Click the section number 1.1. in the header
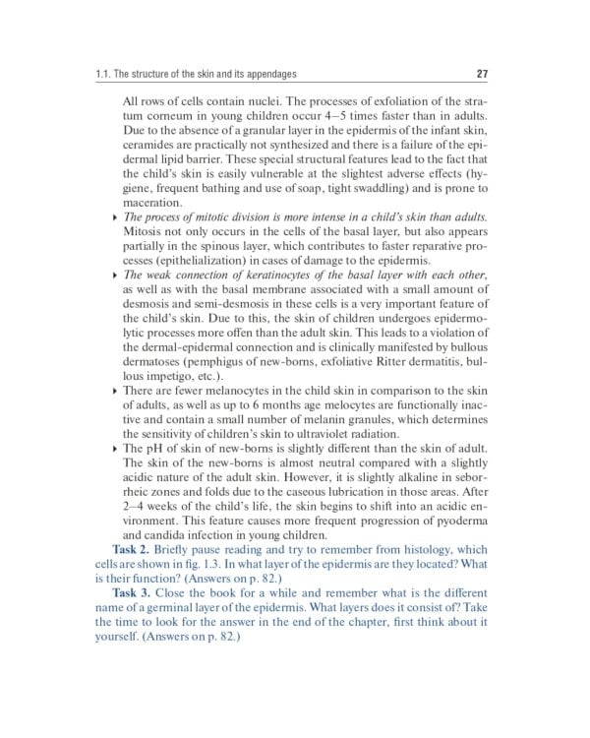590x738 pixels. (117, 74)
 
